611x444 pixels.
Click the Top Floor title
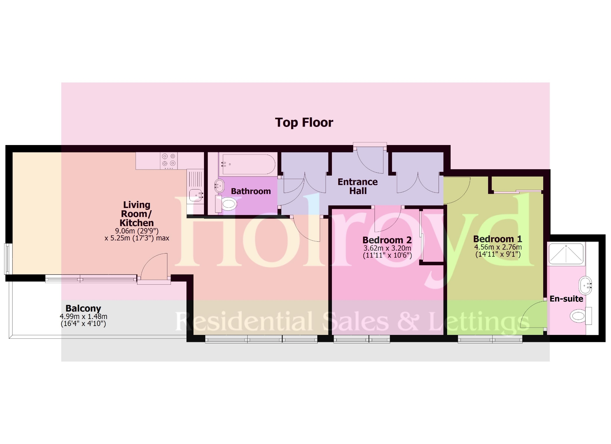pyautogui.click(x=304, y=122)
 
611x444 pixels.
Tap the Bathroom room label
pyautogui.click(x=251, y=191)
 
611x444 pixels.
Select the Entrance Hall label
pyautogui.click(x=358, y=186)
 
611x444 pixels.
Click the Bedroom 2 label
pyautogui.click(x=387, y=240)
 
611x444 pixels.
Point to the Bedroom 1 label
pyautogui.click(x=498, y=239)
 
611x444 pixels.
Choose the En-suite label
pyautogui.click(x=566, y=299)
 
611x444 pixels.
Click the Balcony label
pyautogui.click(x=83, y=308)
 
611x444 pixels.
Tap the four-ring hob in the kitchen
pyautogui.click(x=169, y=160)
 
